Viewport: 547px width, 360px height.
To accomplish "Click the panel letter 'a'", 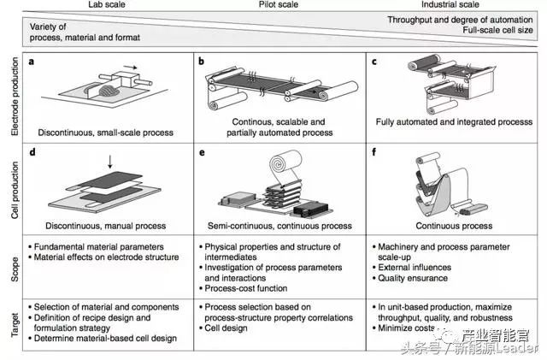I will point(32,62).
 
